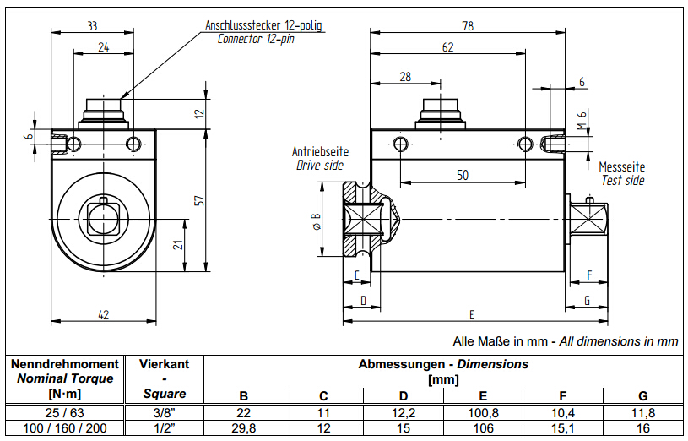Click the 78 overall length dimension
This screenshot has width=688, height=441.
pyautogui.click(x=468, y=26)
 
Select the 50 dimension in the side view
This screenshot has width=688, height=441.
pyautogui.click(x=463, y=175)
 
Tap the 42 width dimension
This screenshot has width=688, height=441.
pyautogui.click(x=104, y=314)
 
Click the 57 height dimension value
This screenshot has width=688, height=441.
pyautogui.click(x=199, y=201)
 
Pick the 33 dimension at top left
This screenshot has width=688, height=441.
pyautogui.click(x=91, y=26)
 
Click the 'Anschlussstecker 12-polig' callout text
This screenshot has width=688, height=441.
pyautogui.click(x=264, y=25)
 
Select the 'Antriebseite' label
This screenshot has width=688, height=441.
pyautogui.click(x=320, y=152)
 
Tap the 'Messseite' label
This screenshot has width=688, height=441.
pyautogui.click(x=622, y=167)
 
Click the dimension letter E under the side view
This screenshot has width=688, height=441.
pyautogui.click(x=472, y=315)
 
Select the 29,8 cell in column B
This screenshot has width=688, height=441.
pyautogui.click(x=244, y=428)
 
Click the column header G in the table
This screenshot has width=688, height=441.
pyautogui.click(x=642, y=395)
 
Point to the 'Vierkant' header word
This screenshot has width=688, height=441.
pyautogui.click(x=164, y=364)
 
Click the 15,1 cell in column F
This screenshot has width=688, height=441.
pyautogui.click(x=563, y=428)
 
